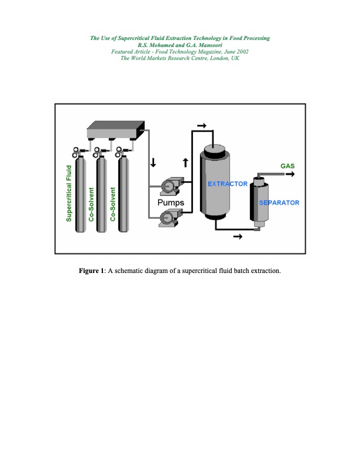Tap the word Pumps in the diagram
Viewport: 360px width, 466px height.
(x=171, y=202)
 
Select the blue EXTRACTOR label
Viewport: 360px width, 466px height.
(x=228, y=184)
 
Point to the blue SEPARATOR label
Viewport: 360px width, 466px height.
(x=279, y=203)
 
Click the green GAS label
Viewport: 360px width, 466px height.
(x=288, y=166)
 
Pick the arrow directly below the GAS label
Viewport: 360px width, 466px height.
(x=289, y=174)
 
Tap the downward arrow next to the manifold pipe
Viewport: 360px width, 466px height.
(x=154, y=162)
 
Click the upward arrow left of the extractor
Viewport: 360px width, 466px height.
(x=186, y=162)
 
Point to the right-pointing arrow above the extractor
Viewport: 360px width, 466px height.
(x=202, y=125)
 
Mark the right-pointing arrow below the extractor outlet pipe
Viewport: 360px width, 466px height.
(x=238, y=237)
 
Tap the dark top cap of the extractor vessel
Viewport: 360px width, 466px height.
(x=218, y=148)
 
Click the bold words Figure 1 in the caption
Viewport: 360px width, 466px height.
(x=91, y=271)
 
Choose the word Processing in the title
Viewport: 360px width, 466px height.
(x=252, y=38)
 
